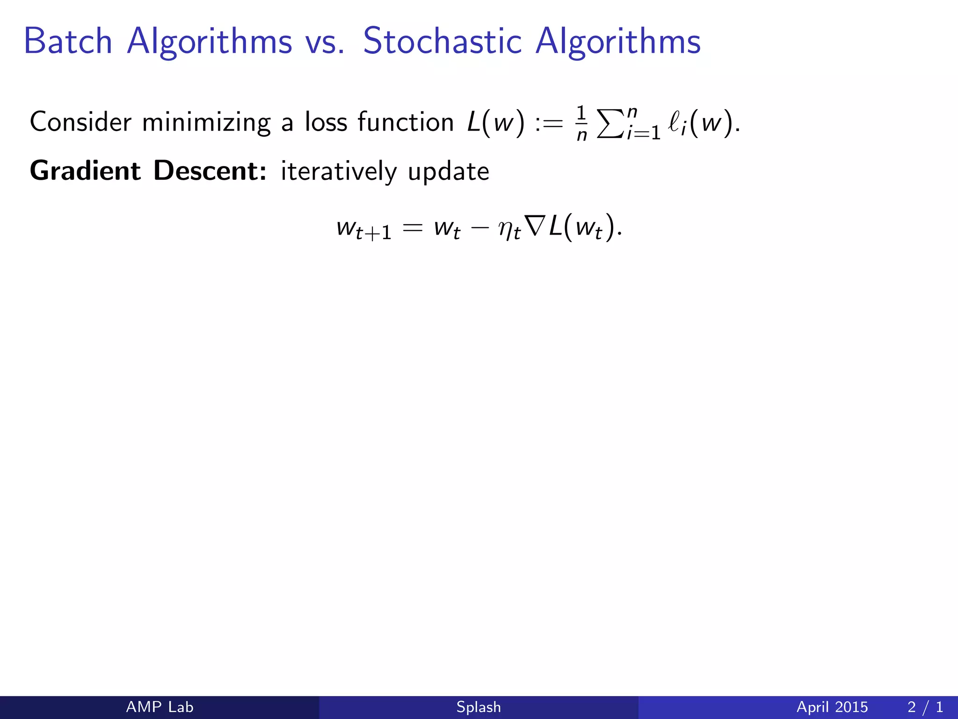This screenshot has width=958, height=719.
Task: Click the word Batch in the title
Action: (x=68, y=41)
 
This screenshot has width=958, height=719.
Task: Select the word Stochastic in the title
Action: (x=442, y=41)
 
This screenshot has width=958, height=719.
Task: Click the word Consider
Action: (x=80, y=122)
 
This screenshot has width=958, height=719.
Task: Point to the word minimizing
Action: (x=206, y=123)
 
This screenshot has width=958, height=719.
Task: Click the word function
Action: (x=406, y=122)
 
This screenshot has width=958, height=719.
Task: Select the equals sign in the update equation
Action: (x=413, y=228)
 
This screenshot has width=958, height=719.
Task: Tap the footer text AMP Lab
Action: (x=160, y=707)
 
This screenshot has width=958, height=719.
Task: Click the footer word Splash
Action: (x=479, y=707)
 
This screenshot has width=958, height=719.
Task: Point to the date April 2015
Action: (x=832, y=707)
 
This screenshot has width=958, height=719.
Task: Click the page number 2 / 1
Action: (x=925, y=707)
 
